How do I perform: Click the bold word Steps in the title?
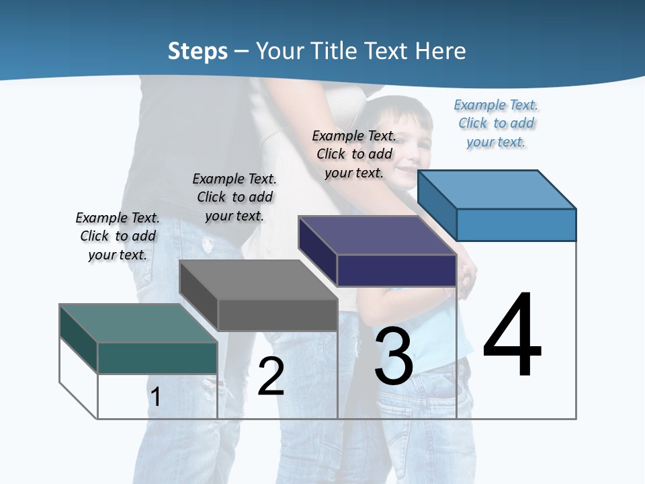(x=198, y=51)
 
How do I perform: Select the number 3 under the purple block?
(x=394, y=356)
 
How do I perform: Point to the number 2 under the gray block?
(x=271, y=376)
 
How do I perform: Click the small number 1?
(x=156, y=397)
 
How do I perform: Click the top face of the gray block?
(x=259, y=280)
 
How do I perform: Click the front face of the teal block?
(x=157, y=358)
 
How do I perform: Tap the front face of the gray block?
(x=277, y=315)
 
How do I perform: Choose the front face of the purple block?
(x=396, y=270)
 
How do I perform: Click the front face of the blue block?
(x=516, y=225)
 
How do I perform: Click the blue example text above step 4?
(x=496, y=123)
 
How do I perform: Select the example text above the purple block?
(x=354, y=154)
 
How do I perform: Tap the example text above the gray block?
(x=234, y=197)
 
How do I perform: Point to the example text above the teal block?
(x=118, y=236)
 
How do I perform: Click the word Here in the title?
(x=441, y=51)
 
